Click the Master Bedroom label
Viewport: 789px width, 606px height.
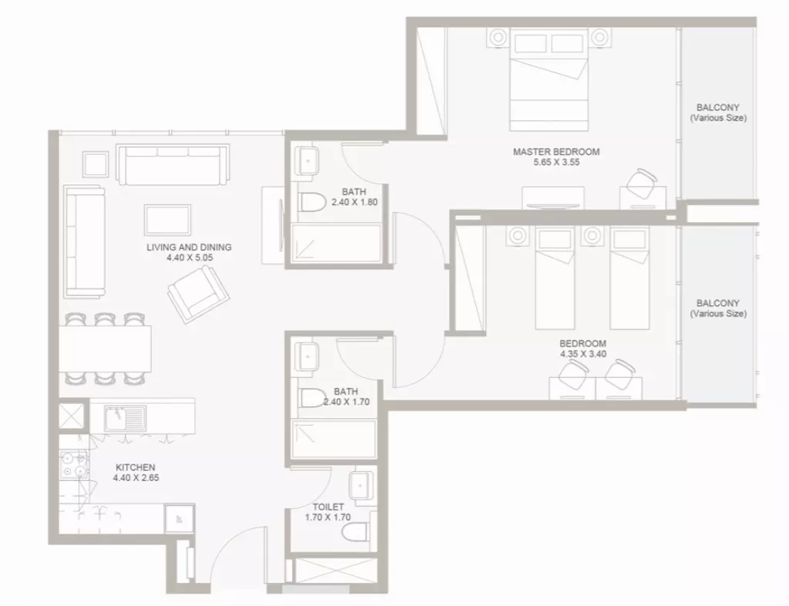pos(556,151)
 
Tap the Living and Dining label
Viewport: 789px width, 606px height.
pos(190,247)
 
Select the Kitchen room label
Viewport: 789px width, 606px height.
pos(136,467)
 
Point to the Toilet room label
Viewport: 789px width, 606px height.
pos(328,507)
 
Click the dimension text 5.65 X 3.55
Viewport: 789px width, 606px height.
pos(556,162)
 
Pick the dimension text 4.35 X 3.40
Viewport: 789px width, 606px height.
pos(583,354)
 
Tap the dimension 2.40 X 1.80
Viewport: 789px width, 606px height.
pos(354,202)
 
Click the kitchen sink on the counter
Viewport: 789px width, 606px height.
pos(125,419)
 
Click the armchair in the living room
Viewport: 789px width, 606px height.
pos(198,295)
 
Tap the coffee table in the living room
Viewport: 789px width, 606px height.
pos(167,220)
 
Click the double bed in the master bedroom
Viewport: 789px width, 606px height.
pos(549,79)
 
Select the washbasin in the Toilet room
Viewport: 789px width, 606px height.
pos(362,485)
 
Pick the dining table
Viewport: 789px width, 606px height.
pos(105,348)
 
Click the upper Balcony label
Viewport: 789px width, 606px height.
pos(718,113)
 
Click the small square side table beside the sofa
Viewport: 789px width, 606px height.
pos(96,164)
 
